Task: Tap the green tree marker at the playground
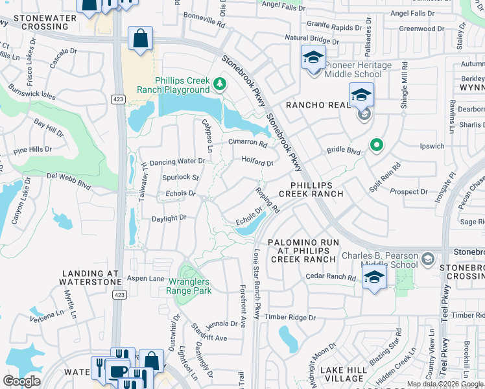coord(220,84)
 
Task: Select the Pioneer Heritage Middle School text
coord(359,69)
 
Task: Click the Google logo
coord(21,381)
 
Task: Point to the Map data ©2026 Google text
coord(445,384)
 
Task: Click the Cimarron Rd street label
coord(248,143)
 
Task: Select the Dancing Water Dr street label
coord(177,161)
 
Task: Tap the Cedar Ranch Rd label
coord(331,277)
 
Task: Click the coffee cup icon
coord(117,371)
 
